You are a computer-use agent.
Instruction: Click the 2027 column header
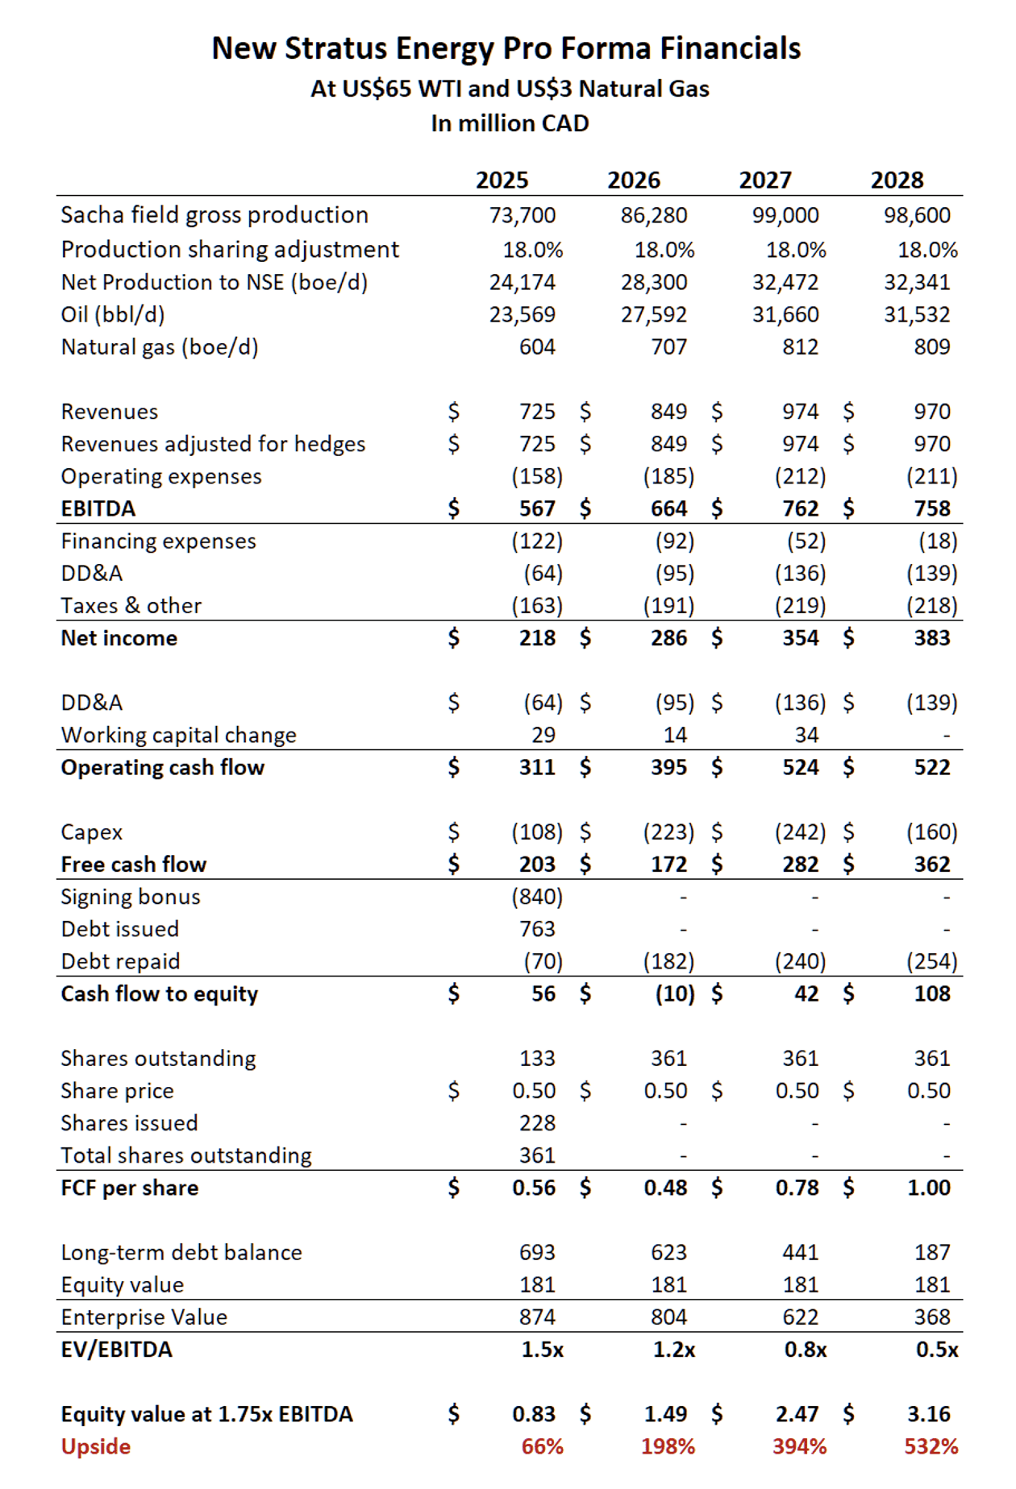point(765,180)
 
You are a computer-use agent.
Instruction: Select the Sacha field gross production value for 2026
point(654,215)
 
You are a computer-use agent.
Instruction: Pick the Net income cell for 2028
point(932,638)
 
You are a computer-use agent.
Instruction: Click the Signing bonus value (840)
point(537,897)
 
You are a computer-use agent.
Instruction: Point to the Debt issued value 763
point(537,929)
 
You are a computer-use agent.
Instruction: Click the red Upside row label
point(96,1446)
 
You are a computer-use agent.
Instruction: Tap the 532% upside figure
point(931,1446)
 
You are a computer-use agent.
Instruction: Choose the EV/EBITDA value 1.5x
point(542,1350)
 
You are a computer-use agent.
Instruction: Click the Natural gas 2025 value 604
point(537,347)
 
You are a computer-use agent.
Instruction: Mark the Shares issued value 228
point(537,1123)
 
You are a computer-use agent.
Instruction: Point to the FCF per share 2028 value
point(929,1188)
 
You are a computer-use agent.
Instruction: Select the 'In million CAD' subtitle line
point(510,123)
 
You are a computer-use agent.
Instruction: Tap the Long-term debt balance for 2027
point(800,1252)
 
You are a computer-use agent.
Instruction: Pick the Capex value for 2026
point(668,832)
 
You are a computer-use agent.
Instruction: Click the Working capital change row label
point(179,735)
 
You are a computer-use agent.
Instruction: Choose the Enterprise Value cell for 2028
point(932,1317)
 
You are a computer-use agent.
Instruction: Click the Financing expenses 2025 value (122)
point(537,541)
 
